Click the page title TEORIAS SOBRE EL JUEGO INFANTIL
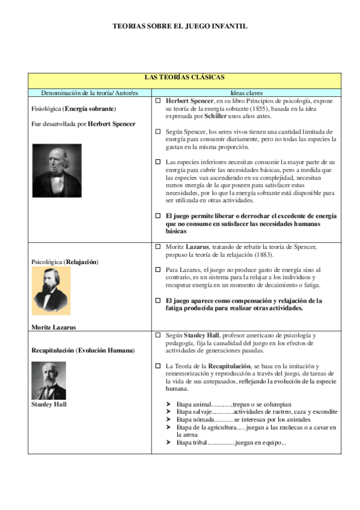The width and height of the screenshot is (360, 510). [180, 26]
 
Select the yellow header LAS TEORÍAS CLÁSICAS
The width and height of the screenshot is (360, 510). [185, 78]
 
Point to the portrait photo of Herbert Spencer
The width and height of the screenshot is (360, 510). [57, 171]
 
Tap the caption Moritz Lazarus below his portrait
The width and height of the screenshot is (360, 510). [54, 327]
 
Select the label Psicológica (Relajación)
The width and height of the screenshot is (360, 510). [64, 262]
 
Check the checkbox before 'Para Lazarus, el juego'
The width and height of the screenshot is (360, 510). [158, 270]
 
